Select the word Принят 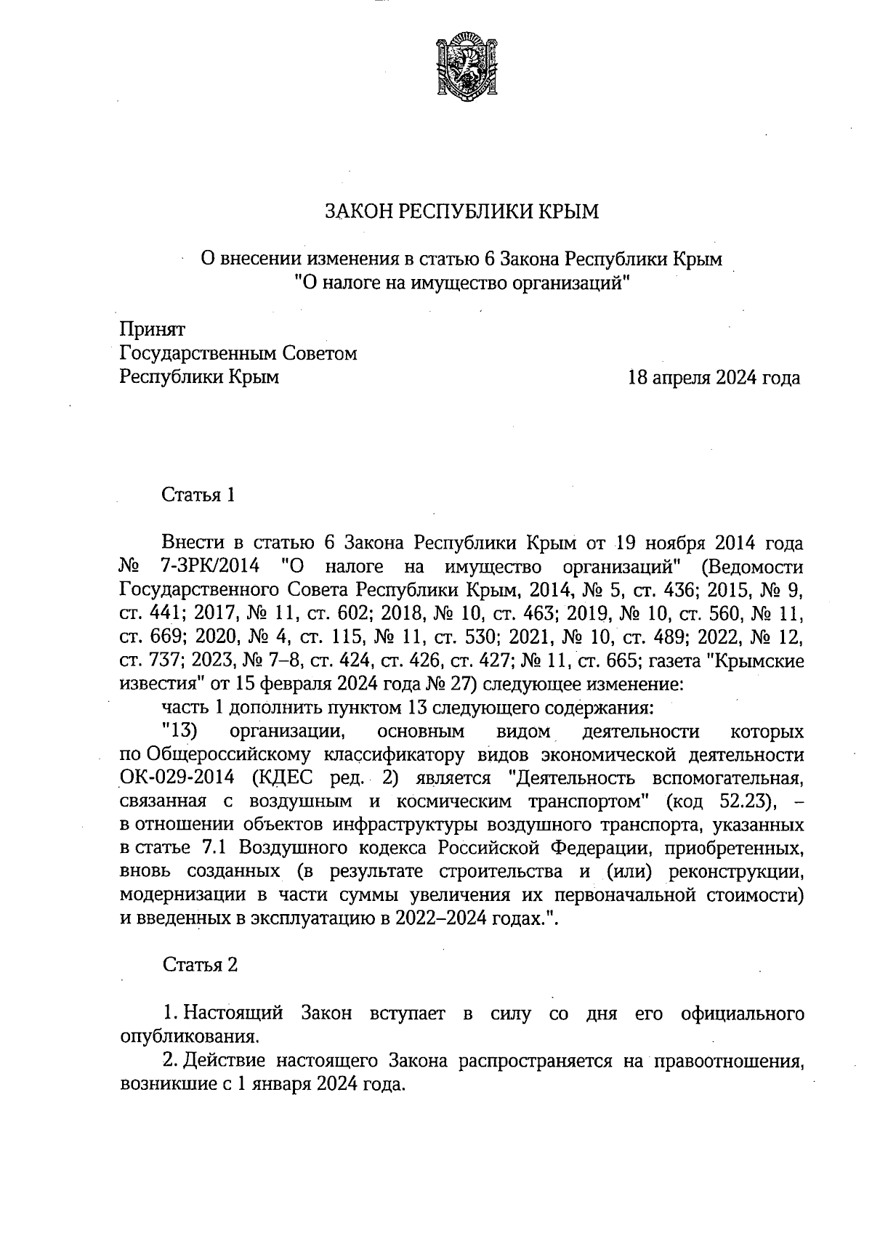pyautogui.click(x=153, y=330)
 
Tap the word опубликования pyautogui.click(x=190, y=1035)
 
